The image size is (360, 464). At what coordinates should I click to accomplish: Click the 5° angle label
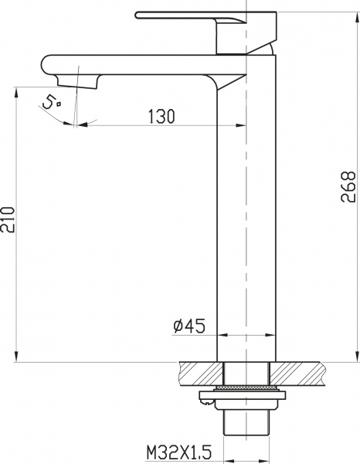(x=51, y=101)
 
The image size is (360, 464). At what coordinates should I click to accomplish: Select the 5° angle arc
(x=58, y=116)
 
